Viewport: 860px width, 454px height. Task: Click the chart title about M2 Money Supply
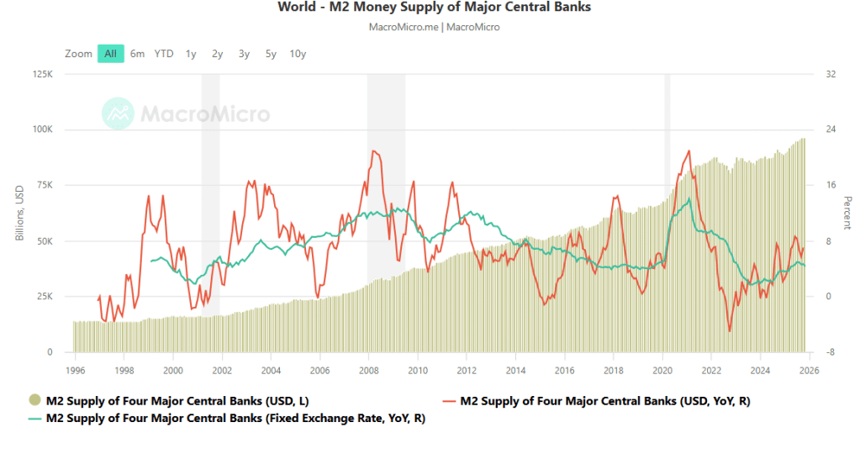(x=434, y=8)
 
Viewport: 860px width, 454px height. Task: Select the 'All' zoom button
(x=110, y=54)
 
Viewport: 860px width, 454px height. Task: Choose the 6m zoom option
(x=137, y=54)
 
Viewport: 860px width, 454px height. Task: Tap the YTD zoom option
(x=164, y=54)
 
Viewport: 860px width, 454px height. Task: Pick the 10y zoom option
(x=298, y=54)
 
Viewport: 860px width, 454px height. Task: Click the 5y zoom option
(x=271, y=54)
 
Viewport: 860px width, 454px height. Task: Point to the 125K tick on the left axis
(x=43, y=74)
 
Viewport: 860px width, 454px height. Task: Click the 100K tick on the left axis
(x=43, y=129)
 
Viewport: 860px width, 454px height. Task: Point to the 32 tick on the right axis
(x=831, y=74)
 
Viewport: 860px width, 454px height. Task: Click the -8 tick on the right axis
(x=831, y=352)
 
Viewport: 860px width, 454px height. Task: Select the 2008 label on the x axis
(x=368, y=370)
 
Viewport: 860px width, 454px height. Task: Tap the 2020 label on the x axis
(x=662, y=370)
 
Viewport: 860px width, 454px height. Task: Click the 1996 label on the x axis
(x=75, y=370)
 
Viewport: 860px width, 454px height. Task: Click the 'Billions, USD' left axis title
(x=19, y=214)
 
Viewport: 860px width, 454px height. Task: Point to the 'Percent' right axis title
(x=847, y=214)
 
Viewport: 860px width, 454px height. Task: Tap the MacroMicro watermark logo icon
(x=118, y=113)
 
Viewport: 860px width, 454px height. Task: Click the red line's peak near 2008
(x=373, y=151)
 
